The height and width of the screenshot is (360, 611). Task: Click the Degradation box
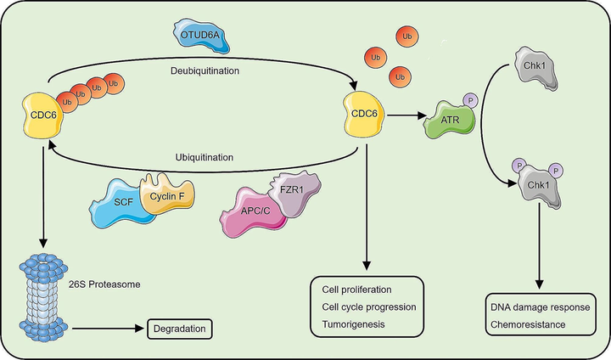click(x=178, y=327)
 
